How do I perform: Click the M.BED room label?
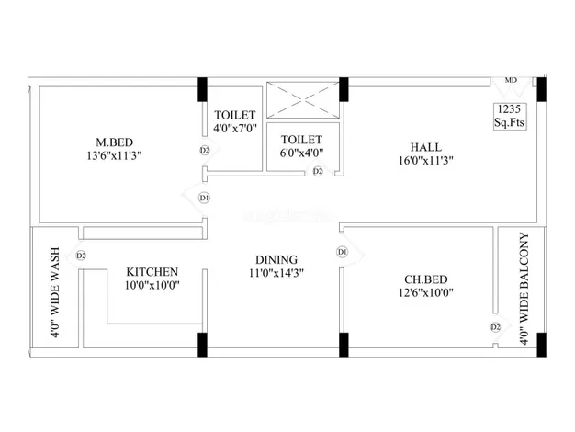pyautogui.click(x=115, y=142)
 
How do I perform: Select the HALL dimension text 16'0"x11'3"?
pyautogui.click(x=426, y=161)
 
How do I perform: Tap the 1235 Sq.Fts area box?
pyautogui.click(x=510, y=116)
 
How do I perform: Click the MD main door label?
pyautogui.click(x=511, y=80)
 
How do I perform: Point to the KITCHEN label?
pyautogui.click(x=152, y=272)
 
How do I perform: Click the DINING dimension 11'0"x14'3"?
pyautogui.click(x=276, y=273)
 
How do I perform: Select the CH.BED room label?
pyautogui.click(x=426, y=279)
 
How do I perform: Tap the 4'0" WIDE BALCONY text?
pyautogui.click(x=524, y=289)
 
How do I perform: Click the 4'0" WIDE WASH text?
pyautogui.click(x=54, y=292)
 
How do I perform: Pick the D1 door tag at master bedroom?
pyautogui.click(x=204, y=199)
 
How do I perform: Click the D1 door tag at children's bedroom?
pyautogui.click(x=342, y=252)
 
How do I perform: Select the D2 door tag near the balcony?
pyautogui.click(x=495, y=327)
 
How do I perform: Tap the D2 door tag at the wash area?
pyautogui.click(x=81, y=256)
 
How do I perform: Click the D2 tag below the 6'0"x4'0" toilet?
pyautogui.click(x=318, y=171)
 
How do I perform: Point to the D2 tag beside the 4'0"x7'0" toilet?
pyautogui.click(x=205, y=150)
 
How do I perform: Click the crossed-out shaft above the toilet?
pyautogui.click(x=303, y=100)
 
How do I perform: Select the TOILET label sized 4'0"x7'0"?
pyautogui.click(x=235, y=115)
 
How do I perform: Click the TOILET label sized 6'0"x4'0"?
pyautogui.click(x=301, y=140)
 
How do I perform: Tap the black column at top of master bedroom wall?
pyautogui.click(x=202, y=89)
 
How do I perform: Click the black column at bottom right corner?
pyautogui.click(x=542, y=345)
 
